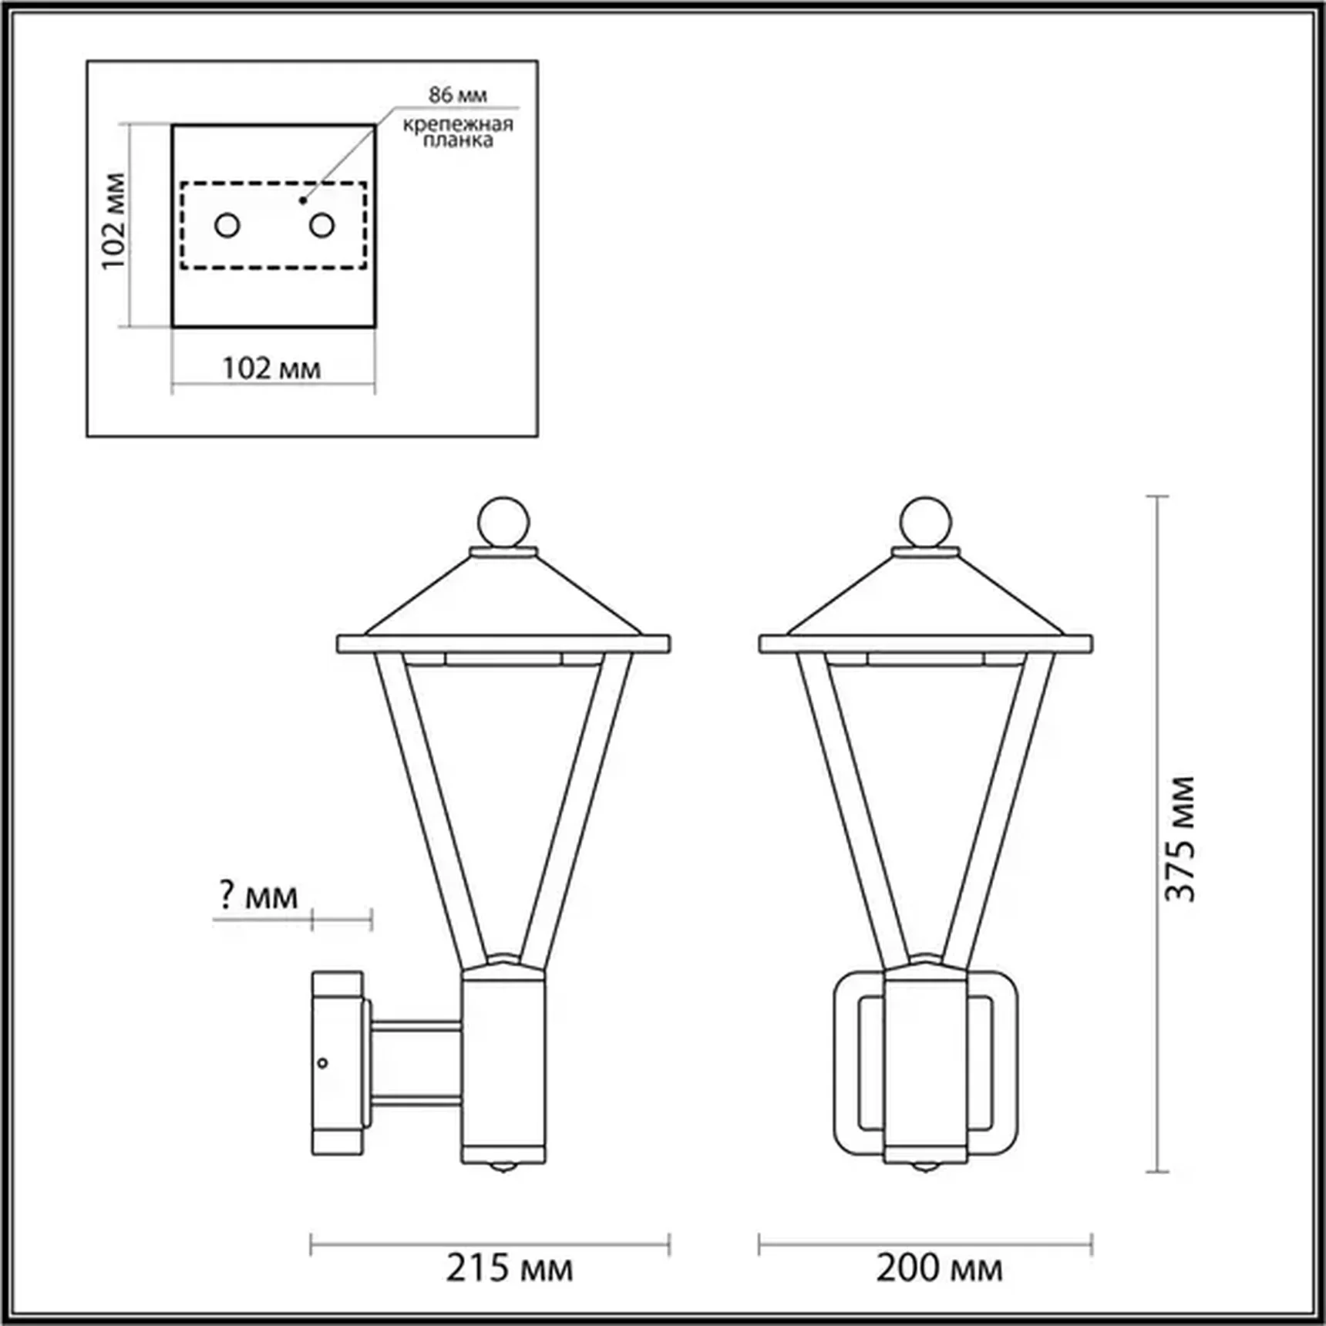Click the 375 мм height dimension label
(1180, 839)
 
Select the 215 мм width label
(510, 1267)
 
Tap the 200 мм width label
(939, 1267)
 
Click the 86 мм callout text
(458, 95)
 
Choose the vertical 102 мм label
(113, 221)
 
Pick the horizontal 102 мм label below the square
(271, 369)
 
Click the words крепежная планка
(458, 132)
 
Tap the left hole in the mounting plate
(227, 226)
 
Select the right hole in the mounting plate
(321, 226)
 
